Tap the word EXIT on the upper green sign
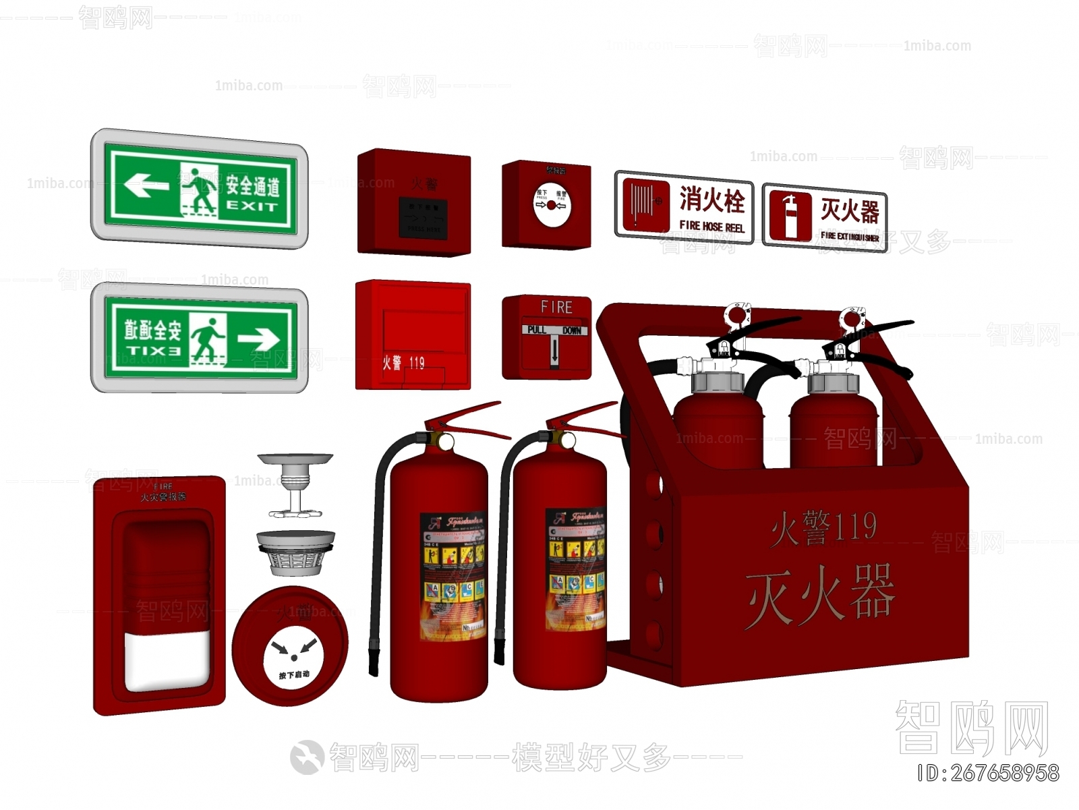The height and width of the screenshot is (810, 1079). coord(252,206)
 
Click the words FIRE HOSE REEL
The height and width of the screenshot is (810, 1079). coord(711,227)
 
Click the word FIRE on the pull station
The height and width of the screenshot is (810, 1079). coord(556,308)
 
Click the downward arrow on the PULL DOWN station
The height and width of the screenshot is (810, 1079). coord(554,351)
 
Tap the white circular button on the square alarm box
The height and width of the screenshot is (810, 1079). coord(552,205)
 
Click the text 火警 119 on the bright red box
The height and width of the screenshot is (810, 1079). coord(403,363)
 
